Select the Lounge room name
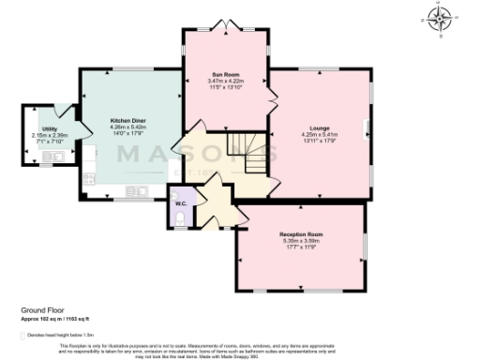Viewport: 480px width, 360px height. pos(319,127)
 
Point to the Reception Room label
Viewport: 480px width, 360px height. pos(301,233)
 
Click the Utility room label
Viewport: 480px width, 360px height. pos(49,128)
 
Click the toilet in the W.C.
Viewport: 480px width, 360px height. pos(180,220)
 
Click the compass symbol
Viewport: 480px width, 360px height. pos(441,17)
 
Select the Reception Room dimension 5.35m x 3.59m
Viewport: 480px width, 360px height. pos(301,240)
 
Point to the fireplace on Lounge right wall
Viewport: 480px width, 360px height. pos(367,128)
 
